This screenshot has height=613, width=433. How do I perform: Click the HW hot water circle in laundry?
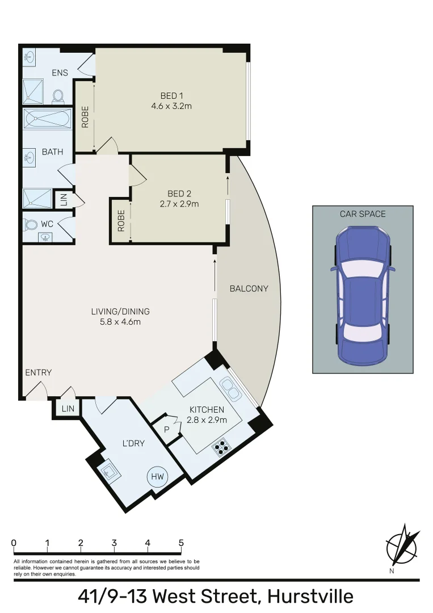click(x=157, y=477)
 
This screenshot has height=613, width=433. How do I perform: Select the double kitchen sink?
click(x=231, y=389)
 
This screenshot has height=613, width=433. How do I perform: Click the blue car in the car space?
click(x=362, y=294)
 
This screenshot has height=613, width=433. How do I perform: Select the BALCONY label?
click(x=249, y=288)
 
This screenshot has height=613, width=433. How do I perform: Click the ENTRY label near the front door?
click(x=39, y=372)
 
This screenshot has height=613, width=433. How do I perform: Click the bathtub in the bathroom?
click(x=47, y=120)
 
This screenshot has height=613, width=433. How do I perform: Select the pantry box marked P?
click(x=166, y=430)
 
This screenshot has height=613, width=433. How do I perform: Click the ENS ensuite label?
click(x=60, y=73)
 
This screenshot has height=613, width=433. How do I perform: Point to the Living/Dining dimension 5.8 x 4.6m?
click(x=120, y=322)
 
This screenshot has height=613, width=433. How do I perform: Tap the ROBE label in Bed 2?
click(x=121, y=221)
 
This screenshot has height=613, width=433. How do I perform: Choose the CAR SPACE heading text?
click(x=363, y=214)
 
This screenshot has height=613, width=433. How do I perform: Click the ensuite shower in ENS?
click(x=33, y=91)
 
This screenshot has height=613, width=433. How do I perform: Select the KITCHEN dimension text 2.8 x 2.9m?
click(x=207, y=420)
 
